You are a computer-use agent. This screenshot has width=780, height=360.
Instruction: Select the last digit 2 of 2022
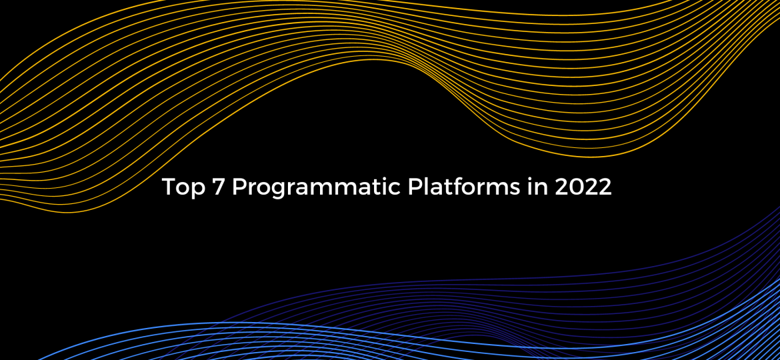pos(605,187)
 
